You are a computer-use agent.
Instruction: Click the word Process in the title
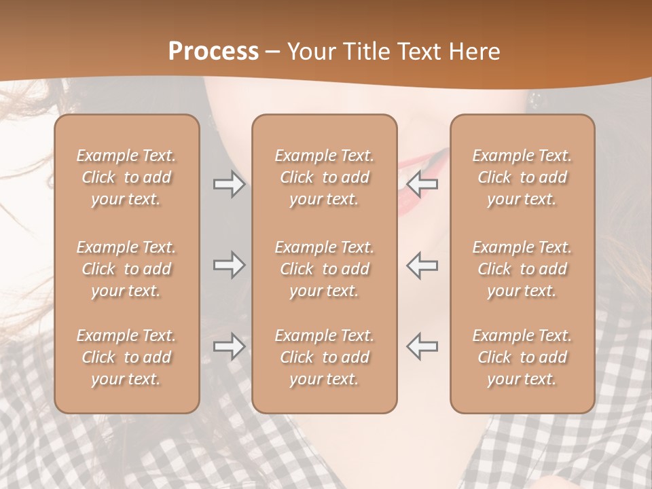(213, 52)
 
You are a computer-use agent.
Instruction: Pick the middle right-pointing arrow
(229, 265)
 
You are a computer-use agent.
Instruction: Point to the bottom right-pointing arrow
(229, 346)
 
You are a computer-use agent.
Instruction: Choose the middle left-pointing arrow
(422, 265)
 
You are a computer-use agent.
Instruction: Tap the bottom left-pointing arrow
(422, 346)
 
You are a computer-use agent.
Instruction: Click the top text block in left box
(126, 177)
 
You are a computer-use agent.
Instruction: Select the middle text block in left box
(126, 269)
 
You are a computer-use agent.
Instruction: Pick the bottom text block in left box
(126, 357)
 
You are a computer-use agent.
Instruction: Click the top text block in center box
(324, 177)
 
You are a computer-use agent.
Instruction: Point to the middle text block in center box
(324, 269)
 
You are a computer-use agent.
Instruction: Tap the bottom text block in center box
(324, 357)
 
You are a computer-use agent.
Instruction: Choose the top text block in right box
(522, 177)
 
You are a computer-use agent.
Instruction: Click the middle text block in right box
(522, 269)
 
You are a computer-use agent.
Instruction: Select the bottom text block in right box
(522, 357)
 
